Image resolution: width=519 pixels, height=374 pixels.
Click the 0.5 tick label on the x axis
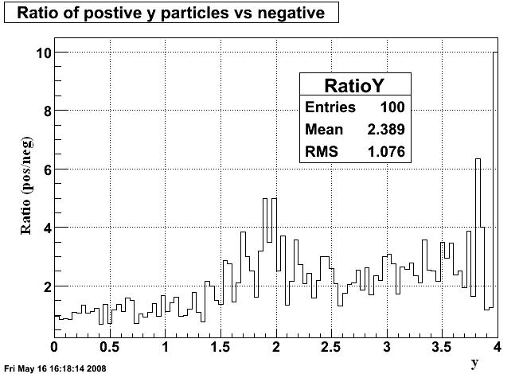tap(109, 347)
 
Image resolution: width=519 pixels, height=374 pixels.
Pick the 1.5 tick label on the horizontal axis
tap(220, 347)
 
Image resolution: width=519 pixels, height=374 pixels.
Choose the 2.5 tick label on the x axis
tap(331, 347)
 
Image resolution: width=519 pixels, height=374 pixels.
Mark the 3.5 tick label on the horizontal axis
tap(442, 347)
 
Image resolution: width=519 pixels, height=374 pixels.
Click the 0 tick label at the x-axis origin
tap(54, 347)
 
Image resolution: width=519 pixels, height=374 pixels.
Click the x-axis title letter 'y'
tap(474, 363)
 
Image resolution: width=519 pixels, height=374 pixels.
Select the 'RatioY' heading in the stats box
tap(355, 86)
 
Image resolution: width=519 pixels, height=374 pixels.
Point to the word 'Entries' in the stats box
tap(330, 107)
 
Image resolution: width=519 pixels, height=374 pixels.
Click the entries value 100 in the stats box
tap(392, 107)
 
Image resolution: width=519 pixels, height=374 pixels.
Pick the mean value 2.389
tap(387, 129)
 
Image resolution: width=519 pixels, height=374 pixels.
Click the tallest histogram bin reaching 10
tap(495, 183)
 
